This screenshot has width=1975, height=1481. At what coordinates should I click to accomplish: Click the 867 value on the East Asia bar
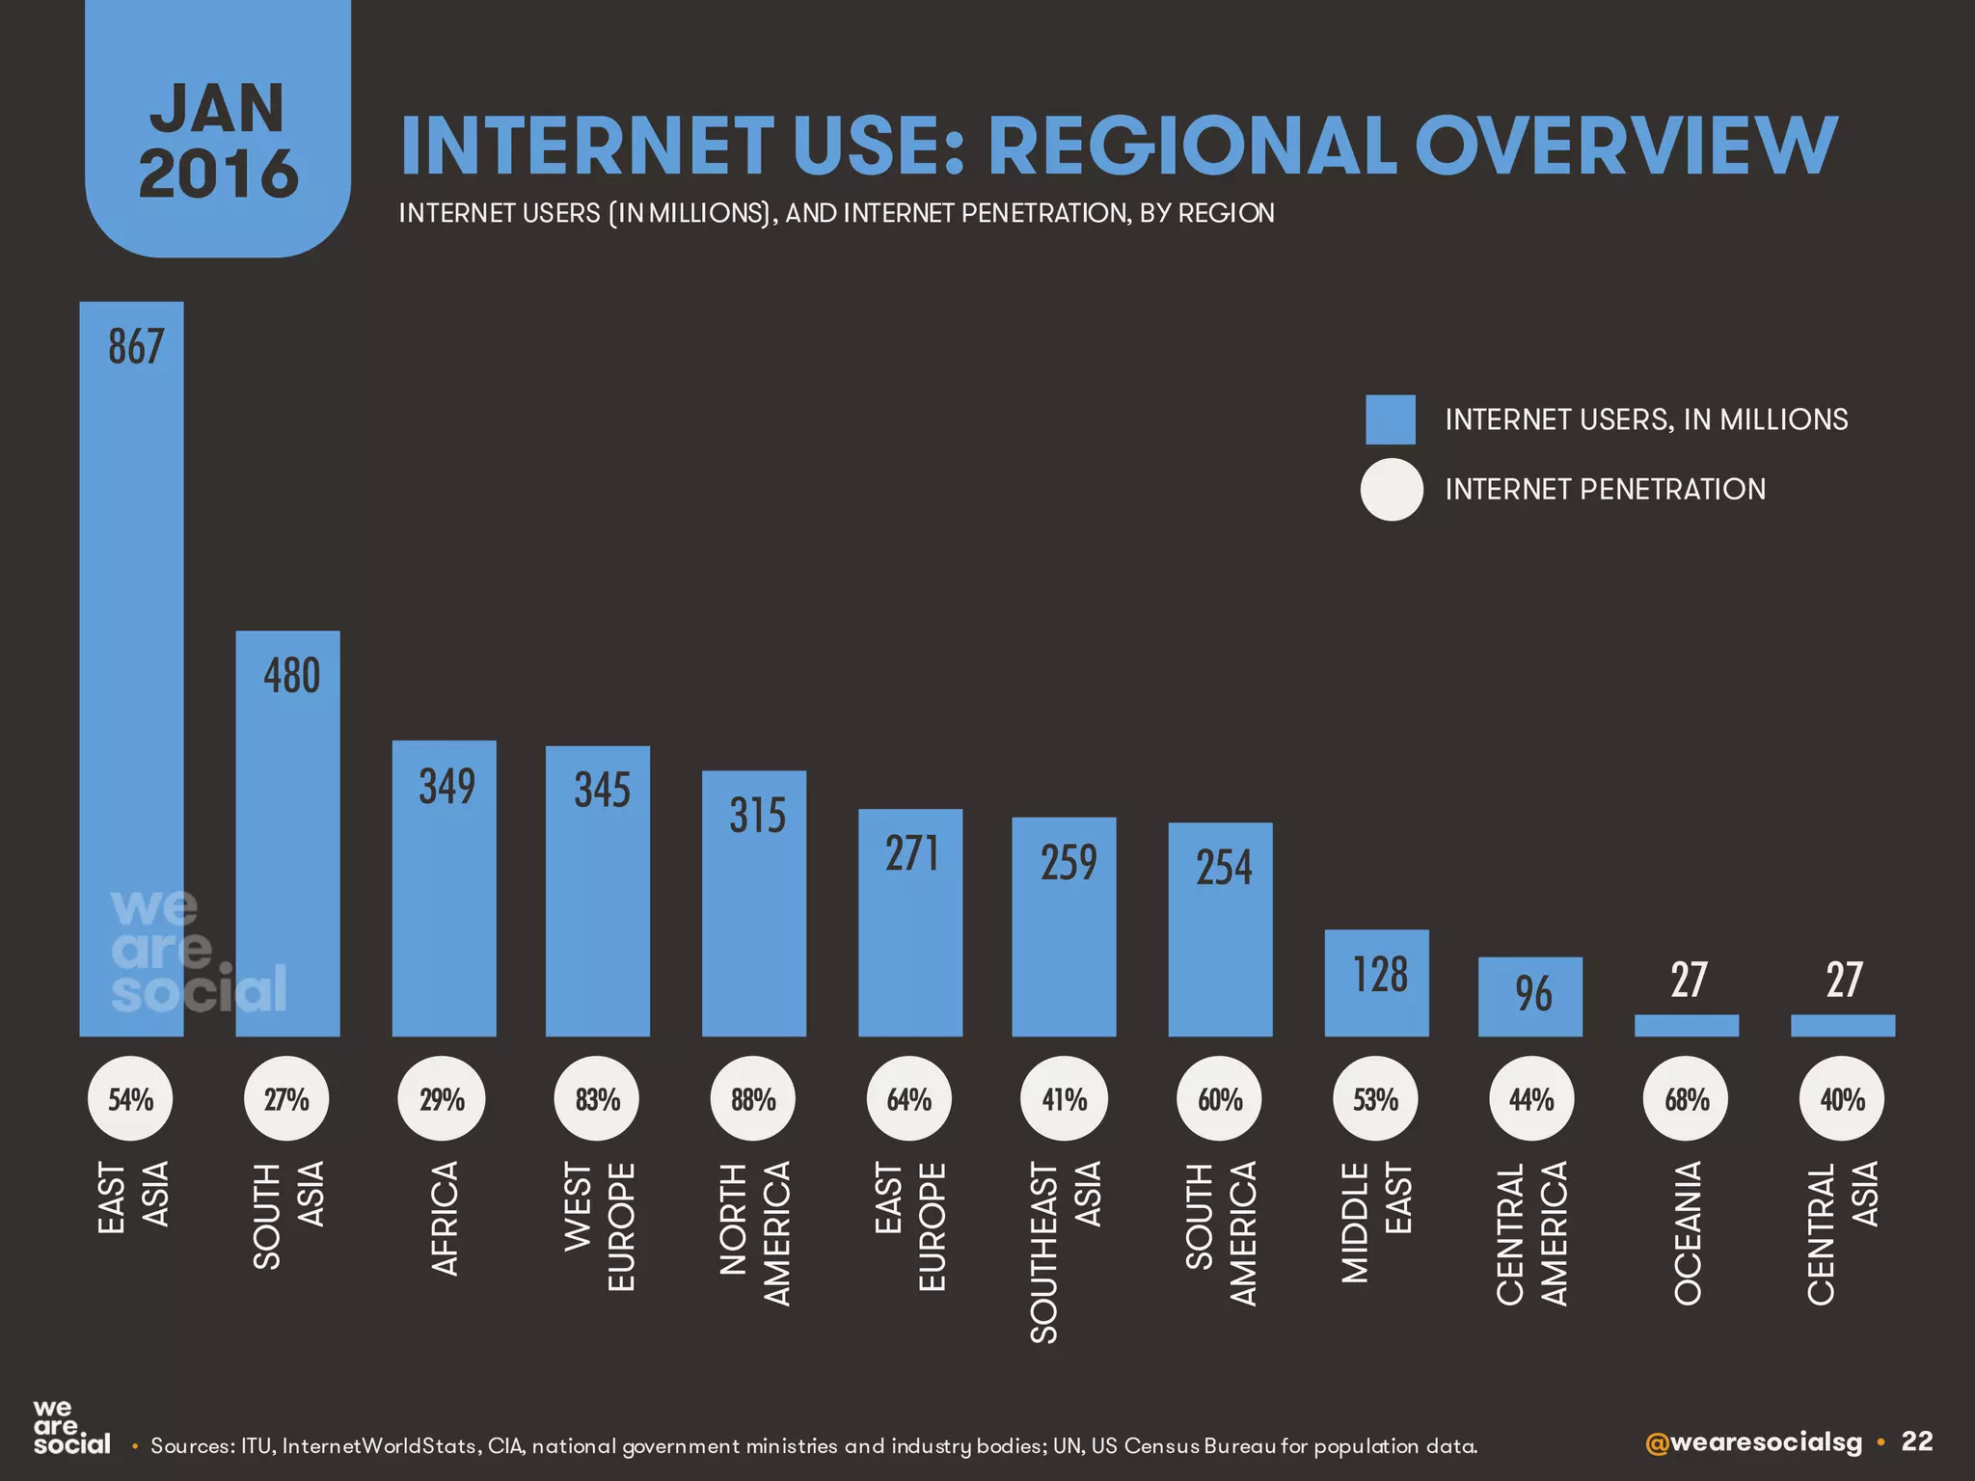point(136,347)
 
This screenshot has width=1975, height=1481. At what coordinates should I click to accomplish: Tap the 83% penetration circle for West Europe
point(597,1099)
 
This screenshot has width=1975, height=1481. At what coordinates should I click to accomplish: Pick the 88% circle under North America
point(753,1099)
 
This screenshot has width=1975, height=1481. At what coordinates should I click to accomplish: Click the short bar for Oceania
point(1687,1026)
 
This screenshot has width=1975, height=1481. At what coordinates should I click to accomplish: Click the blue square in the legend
point(1390,419)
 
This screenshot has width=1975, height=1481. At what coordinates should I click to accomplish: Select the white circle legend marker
point(1391,490)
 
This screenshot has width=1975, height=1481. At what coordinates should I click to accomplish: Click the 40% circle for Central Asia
point(1842,1099)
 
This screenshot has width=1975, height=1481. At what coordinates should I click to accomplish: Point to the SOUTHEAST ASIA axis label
point(1065,1251)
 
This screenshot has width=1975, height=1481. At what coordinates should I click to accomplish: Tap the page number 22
point(1917,1441)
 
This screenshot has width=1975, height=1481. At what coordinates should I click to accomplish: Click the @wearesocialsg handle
point(1753,1442)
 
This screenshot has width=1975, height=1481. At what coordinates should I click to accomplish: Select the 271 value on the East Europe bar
point(911,853)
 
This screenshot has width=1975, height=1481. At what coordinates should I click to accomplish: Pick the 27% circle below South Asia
point(286,1099)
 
